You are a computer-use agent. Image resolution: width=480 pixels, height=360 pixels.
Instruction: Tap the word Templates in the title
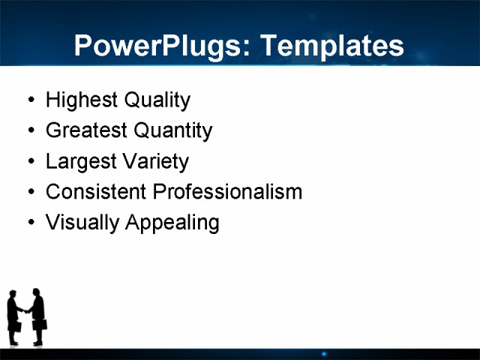331,46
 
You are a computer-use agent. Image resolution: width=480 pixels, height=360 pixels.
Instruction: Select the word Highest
78,100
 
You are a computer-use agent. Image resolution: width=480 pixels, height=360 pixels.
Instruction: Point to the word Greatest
85,130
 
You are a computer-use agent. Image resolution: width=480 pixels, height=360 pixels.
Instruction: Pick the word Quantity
172,131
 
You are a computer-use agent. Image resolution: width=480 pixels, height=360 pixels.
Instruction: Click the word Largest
79,161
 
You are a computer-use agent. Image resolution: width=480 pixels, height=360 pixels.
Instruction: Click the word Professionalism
227,192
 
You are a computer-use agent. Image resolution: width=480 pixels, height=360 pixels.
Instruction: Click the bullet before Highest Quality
30,100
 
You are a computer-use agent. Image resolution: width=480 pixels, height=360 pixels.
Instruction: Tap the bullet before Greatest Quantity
30,131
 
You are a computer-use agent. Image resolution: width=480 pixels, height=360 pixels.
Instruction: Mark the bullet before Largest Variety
30,162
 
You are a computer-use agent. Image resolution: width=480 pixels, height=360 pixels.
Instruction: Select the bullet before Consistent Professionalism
30,193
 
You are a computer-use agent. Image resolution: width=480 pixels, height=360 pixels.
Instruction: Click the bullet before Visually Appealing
30,223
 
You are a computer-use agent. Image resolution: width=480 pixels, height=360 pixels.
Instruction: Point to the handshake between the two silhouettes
26,311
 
